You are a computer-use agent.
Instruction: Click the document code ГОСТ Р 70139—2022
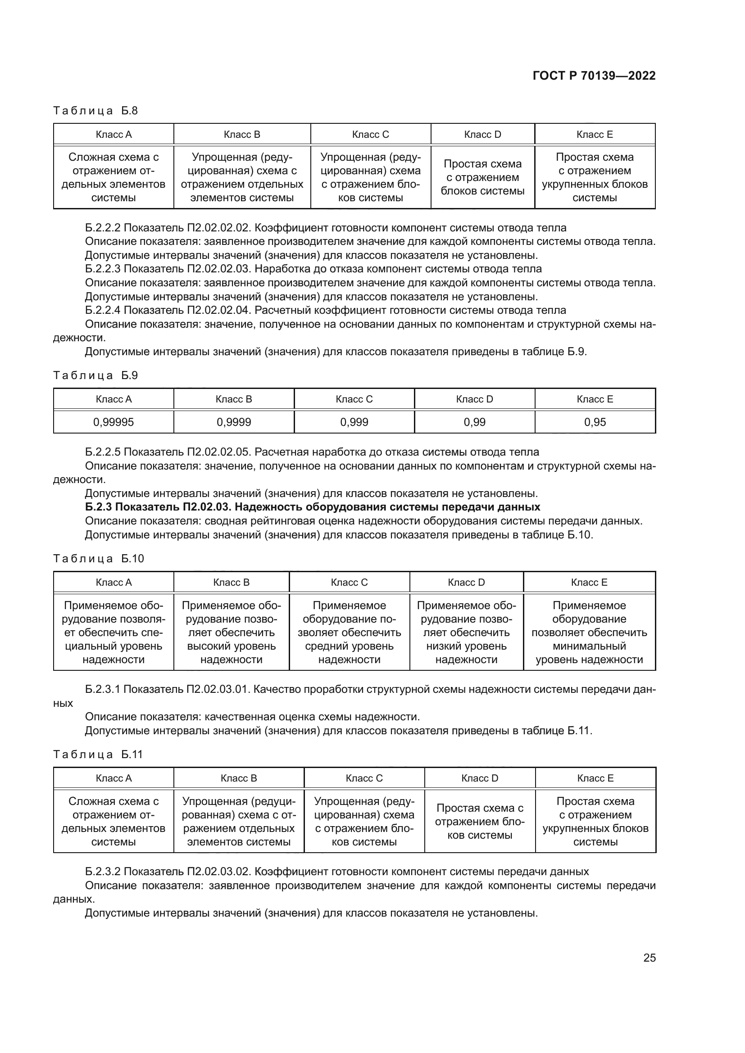(x=594, y=76)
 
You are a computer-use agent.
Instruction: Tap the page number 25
(x=649, y=958)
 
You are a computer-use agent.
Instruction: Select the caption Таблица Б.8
(x=95, y=111)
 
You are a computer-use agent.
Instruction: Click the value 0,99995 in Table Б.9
(x=114, y=422)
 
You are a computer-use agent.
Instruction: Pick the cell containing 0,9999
(x=233, y=422)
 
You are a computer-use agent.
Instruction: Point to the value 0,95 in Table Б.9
(x=595, y=422)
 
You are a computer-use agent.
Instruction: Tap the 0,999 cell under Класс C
(x=354, y=422)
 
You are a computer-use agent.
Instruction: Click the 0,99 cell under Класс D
(x=474, y=422)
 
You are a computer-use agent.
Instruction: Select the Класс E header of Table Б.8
(x=595, y=134)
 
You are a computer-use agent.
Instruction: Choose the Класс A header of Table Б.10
(x=114, y=582)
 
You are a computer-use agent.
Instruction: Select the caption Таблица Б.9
(x=95, y=375)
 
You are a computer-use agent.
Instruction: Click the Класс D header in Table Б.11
(x=479, y=778)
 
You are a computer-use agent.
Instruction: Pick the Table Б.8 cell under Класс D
(x=482, y=177)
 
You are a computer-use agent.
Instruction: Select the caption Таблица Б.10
(x=98, y=558)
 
